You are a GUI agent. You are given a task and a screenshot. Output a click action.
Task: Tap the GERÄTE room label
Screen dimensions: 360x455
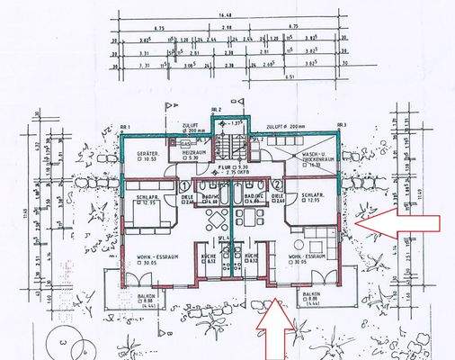tap(148, 155)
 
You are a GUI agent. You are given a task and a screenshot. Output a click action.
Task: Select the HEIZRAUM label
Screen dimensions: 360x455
tap(196, 155)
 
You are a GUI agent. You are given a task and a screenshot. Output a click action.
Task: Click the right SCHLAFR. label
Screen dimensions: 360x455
tap(313, 198)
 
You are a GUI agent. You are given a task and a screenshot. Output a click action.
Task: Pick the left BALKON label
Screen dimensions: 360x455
tap(129, 297)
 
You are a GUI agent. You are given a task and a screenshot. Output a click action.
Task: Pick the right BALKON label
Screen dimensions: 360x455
tap(311, 297)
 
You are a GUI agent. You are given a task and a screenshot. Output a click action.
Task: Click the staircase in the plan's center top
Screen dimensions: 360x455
tap(231, 142)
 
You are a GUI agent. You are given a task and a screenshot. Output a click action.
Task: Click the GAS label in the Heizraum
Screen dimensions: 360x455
tap(184, 143)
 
